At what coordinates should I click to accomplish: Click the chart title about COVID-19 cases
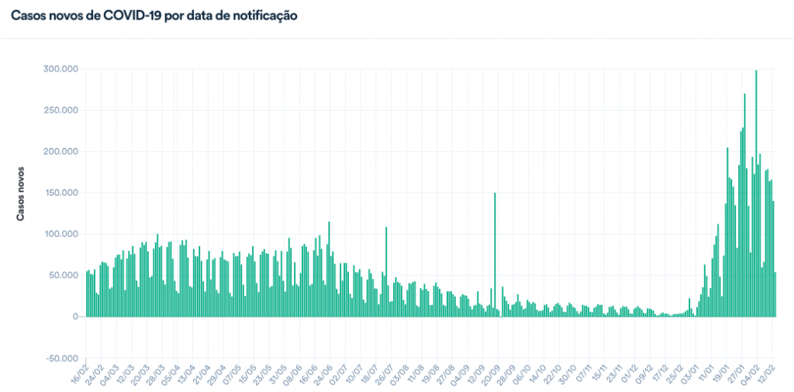coord(154,16)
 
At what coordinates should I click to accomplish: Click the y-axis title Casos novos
coord(22,193)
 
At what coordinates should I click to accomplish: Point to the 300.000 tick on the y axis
coord(61,69)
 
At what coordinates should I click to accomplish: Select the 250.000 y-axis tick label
coord(61,110)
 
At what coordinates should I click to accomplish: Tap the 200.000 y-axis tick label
coord(61,151)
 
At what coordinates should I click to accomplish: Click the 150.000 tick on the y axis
coord(61,193)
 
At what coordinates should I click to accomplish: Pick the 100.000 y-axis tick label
coord(61,234)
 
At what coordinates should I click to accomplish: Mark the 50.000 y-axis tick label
coord(64,275)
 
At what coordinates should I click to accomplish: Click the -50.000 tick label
coord(61,358)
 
